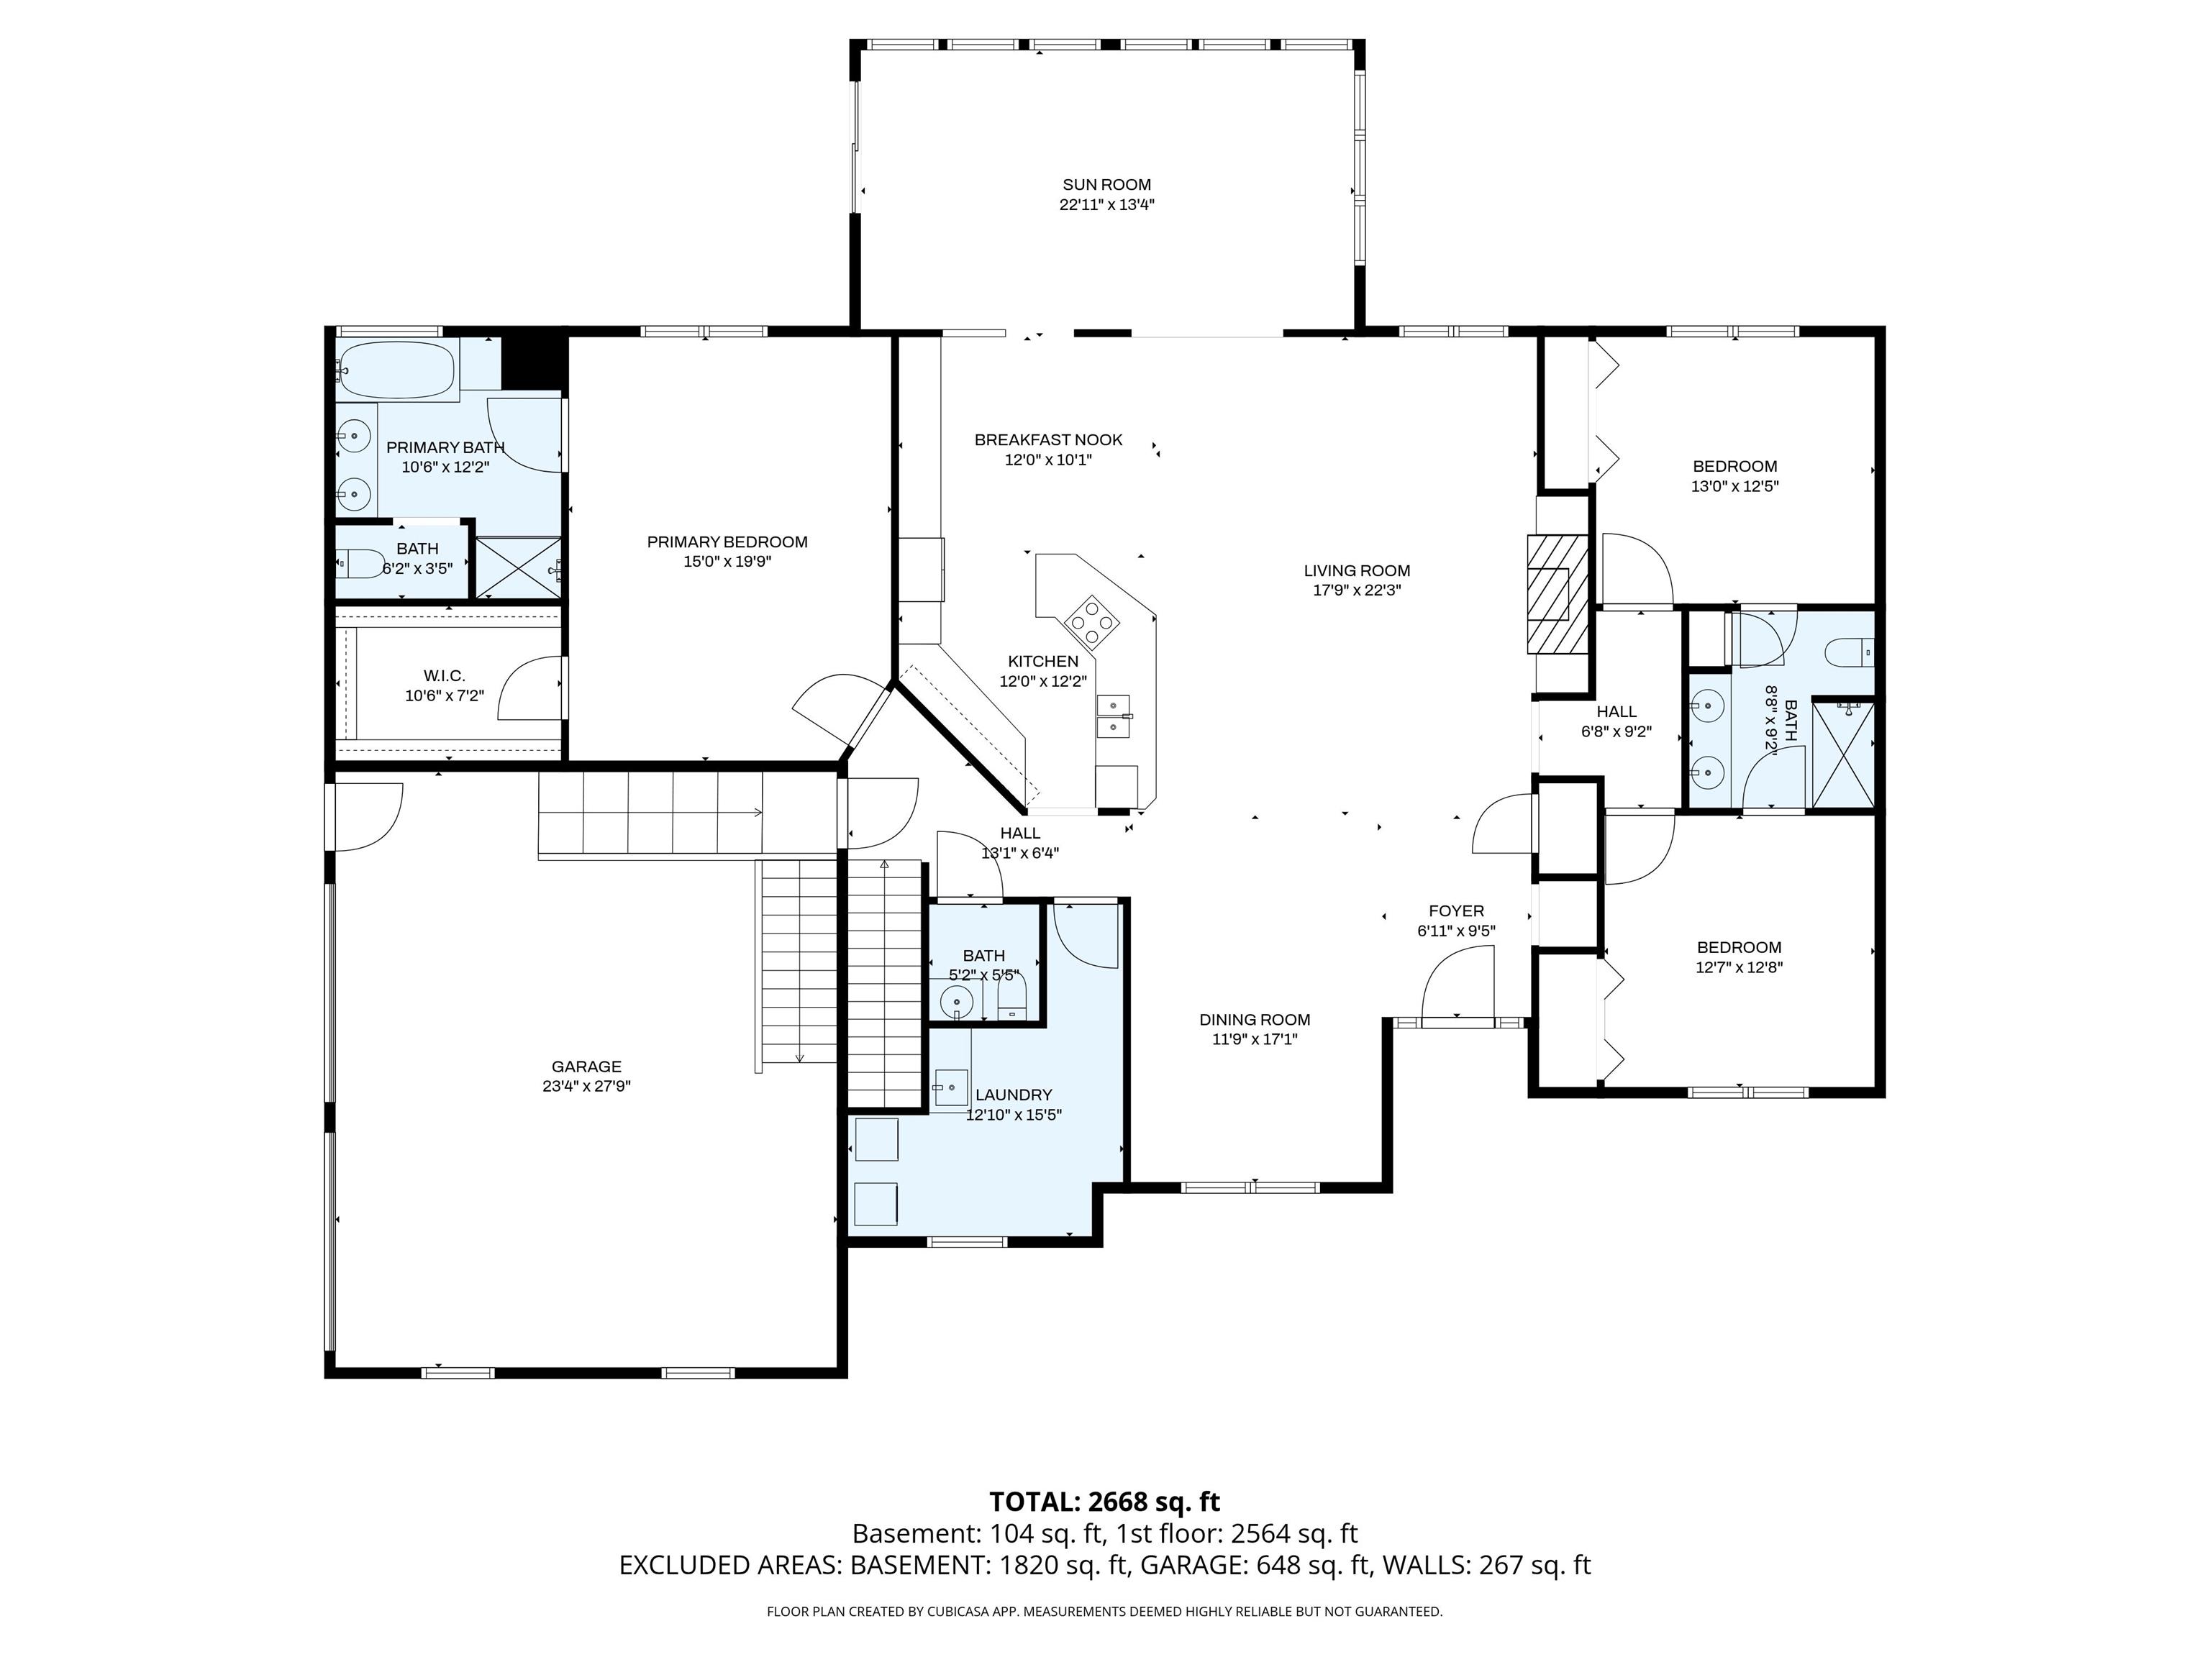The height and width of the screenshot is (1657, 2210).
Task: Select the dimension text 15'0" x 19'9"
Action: click(x=727, y=561)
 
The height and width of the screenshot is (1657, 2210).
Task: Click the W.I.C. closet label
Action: click(x=445, y=676)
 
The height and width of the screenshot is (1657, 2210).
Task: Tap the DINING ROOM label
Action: click(x=1255, y=1020)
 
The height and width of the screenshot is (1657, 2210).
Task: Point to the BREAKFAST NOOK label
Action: click(x=1048, y=439)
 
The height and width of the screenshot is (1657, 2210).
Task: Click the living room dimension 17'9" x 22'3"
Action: click(x=1357, y=590)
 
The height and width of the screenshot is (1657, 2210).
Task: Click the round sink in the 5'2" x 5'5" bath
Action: click(x=957, y=1000)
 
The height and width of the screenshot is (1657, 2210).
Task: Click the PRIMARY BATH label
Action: click(x=445, y=447)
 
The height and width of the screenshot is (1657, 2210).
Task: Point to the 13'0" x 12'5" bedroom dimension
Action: click(x=1734, y=486)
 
